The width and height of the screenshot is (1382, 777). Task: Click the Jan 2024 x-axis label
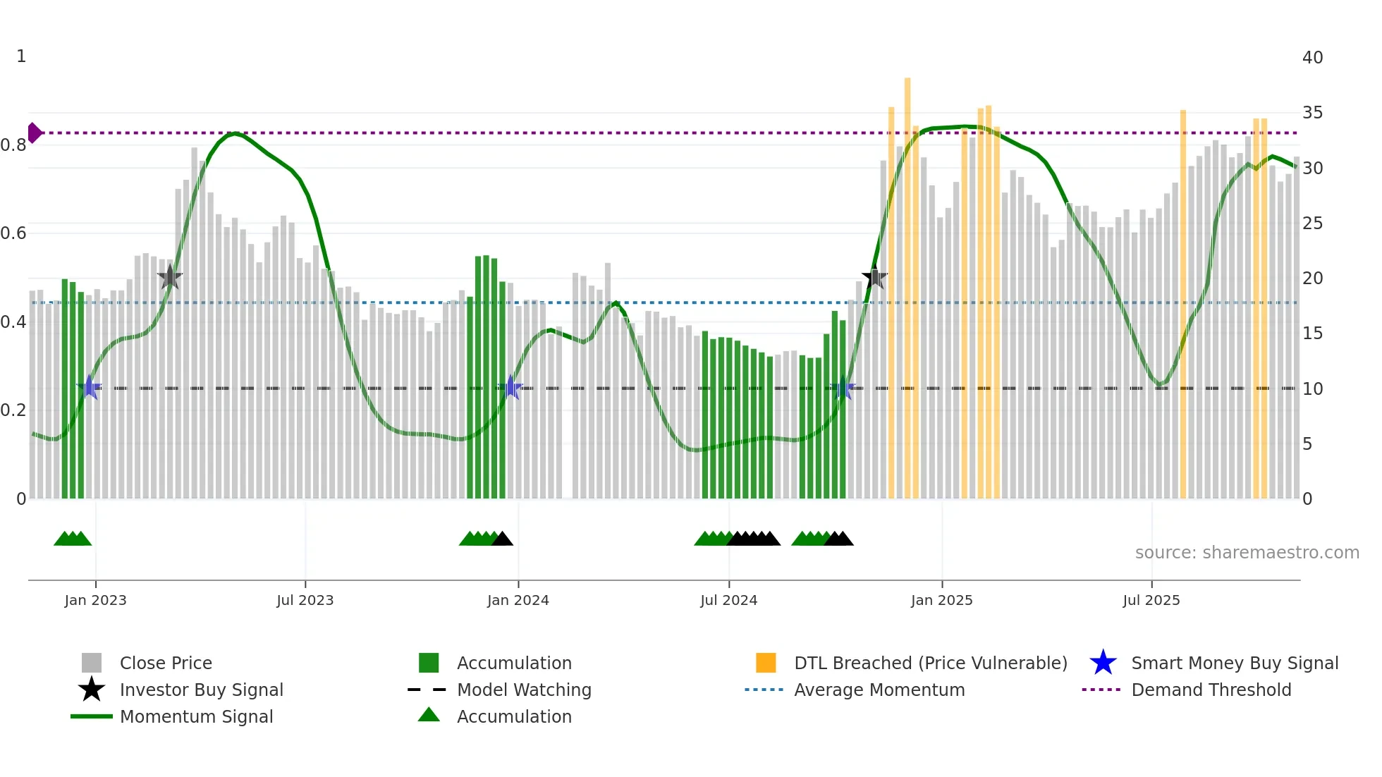[518, 600]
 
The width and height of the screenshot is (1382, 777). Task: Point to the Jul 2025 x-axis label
[1151, 600]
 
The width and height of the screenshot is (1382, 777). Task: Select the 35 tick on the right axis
[1312, 113]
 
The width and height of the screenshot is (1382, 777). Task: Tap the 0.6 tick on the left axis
[13, 233]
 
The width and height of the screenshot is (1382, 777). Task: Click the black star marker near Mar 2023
[169, 277]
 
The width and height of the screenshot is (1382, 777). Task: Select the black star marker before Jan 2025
[874, 277]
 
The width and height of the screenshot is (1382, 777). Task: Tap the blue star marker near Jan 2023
[90, 387]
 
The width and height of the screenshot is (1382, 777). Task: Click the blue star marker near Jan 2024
[510, 387]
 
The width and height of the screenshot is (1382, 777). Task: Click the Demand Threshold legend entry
[1211, 690]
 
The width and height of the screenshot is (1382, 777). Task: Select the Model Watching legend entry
[523, 690]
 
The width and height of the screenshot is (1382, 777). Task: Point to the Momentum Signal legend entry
[195, 716]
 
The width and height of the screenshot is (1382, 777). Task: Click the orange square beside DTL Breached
[766, 663]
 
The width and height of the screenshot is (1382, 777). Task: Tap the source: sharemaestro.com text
[1247, 553]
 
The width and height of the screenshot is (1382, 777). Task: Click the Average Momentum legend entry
[879, 690]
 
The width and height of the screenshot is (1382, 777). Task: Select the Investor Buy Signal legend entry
[201, 690]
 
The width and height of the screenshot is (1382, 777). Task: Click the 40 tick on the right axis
[1312, 58]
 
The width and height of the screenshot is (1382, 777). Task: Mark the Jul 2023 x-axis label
[305, 600]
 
